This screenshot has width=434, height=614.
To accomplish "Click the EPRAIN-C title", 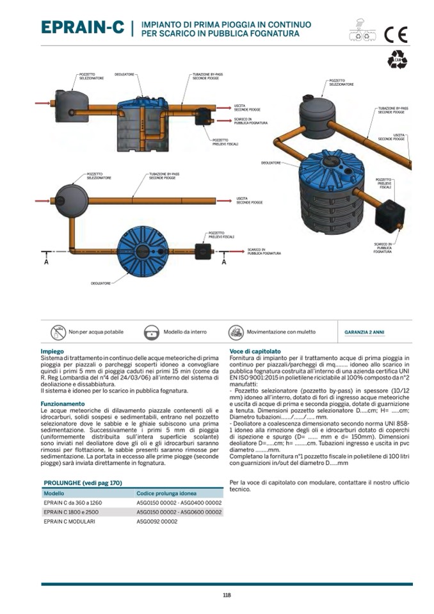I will click(x=83, y=27).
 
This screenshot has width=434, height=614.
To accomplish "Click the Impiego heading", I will click(x=52, y=351).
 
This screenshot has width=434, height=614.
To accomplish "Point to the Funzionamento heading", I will click(x=63, y=404).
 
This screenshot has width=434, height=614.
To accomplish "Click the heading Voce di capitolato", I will click(x=255, y=351).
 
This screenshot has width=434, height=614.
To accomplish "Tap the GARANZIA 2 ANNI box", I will click(x=365, y=332).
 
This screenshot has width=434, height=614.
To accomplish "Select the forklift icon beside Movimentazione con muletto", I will click(x=236, y=332).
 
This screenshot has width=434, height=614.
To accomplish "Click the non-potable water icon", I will click(x=58, y=332).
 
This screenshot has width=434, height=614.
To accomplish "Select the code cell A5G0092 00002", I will click(x=157, y=521).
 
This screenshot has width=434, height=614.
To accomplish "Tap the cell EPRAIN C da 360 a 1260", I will click(x=72, y=503).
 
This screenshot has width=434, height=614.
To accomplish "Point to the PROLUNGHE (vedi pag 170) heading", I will click(x=83, y=483).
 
